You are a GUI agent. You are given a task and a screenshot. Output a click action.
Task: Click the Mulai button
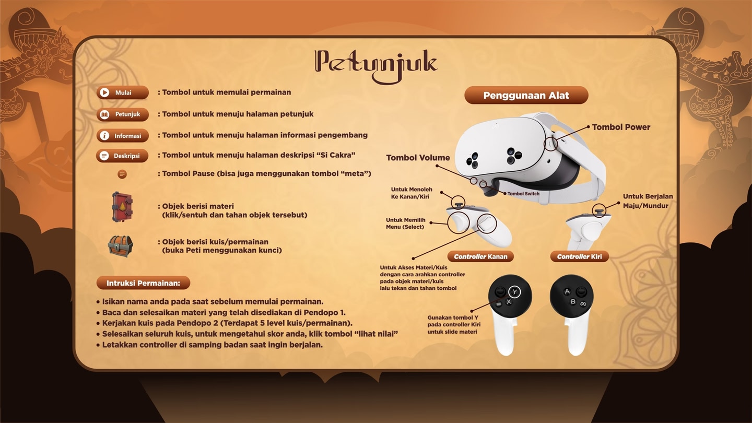123,92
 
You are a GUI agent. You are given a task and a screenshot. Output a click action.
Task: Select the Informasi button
123,136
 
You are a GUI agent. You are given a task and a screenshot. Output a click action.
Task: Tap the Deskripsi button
122,156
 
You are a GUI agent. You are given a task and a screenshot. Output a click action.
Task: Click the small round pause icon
122,174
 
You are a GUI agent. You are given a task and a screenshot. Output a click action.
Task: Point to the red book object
122,207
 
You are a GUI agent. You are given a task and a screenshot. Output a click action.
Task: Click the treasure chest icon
121,246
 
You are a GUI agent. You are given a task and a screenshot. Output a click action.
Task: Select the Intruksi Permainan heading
143,283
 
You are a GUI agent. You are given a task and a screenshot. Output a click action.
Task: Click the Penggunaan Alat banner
526,96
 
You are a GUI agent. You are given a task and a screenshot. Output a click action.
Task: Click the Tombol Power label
621,127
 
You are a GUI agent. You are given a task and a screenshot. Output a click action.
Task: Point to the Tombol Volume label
418,158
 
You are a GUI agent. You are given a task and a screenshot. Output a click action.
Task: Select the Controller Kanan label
480,256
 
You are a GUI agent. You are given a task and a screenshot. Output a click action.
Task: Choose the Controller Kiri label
580,256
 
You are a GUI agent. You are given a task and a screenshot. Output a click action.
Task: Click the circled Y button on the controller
514,292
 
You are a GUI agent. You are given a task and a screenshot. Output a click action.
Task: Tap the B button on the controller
573,301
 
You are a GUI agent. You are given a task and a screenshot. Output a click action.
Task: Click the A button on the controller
567,291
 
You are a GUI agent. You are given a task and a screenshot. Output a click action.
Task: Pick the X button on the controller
509,302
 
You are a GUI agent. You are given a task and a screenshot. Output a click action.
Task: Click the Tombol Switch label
523,194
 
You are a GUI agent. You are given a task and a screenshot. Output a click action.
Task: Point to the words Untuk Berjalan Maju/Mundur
648,201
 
